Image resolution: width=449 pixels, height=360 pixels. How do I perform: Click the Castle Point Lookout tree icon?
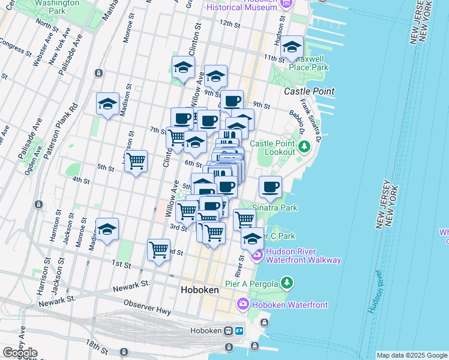(305, 145)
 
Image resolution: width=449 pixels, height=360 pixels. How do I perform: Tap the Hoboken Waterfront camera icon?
(243, 305)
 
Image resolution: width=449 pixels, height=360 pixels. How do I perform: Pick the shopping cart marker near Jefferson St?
(136, 161)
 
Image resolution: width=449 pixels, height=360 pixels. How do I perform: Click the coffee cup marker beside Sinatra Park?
(271, 187)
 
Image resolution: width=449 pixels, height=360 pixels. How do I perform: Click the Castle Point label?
(309, 91)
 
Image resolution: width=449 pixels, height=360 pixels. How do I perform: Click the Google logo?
(19, 353)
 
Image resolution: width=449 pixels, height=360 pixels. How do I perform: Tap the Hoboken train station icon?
(228, 331)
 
